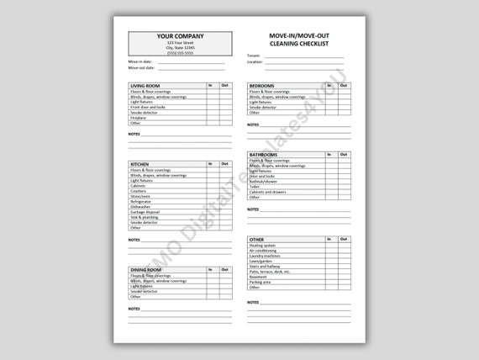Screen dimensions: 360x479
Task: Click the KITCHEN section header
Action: click(x=139, y=163)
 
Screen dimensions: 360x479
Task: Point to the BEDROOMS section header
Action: click(x=262, y=86)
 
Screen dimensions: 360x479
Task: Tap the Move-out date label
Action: click(x=141, y=68)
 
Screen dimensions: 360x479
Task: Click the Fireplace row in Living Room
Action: click(x=138, y=118)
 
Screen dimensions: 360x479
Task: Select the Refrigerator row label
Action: click(x=141, y=202)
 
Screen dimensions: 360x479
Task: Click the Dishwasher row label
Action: click(x=140, y=207)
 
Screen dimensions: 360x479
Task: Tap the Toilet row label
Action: click(x=255, y=187)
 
